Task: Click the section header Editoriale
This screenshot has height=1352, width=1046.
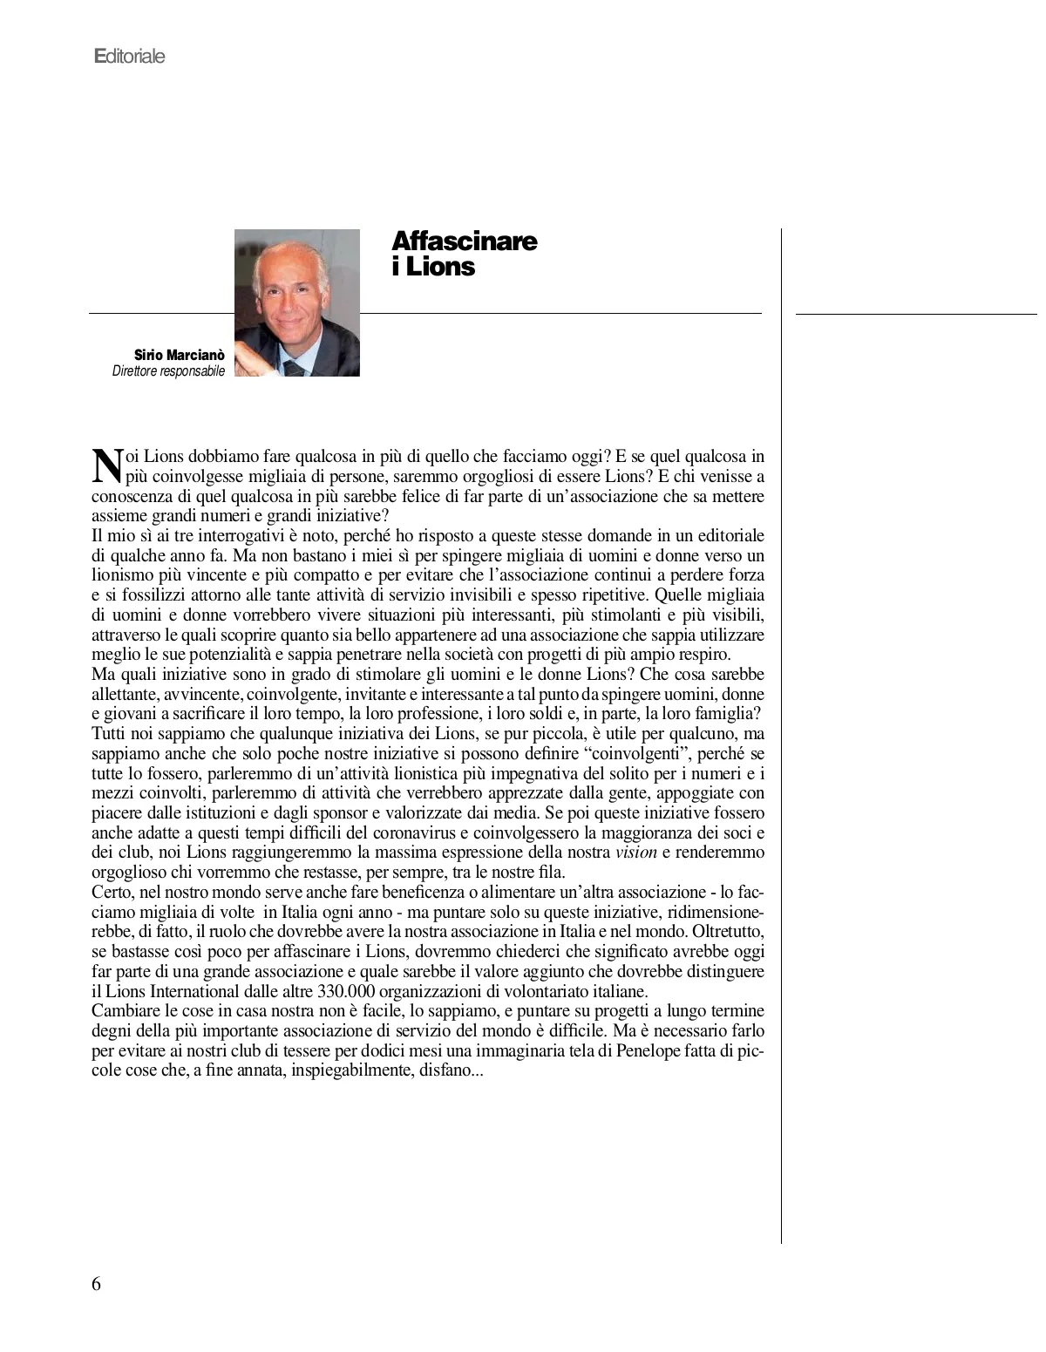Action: pyautogui.click(x=129, y=57)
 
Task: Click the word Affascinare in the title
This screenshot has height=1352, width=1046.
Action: pyautogui.click(x=464, y=241)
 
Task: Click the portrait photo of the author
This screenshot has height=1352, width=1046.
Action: pyautogui.click(x=297, y=302)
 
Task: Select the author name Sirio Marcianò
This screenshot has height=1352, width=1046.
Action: pyautogui.click(x=179, y=356)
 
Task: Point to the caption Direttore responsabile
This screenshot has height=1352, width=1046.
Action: pyautogui.click(x=168, y=371)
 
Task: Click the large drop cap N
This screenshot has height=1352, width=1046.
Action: pyautogui.click(x=105, y=465)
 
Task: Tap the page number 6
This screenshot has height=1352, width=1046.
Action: pyautogui.click(x=96, y=1283)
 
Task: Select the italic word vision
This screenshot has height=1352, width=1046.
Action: pyautogui.click(x=635, y=853)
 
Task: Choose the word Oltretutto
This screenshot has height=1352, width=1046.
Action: pyautogui.click(x=728, y=932)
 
